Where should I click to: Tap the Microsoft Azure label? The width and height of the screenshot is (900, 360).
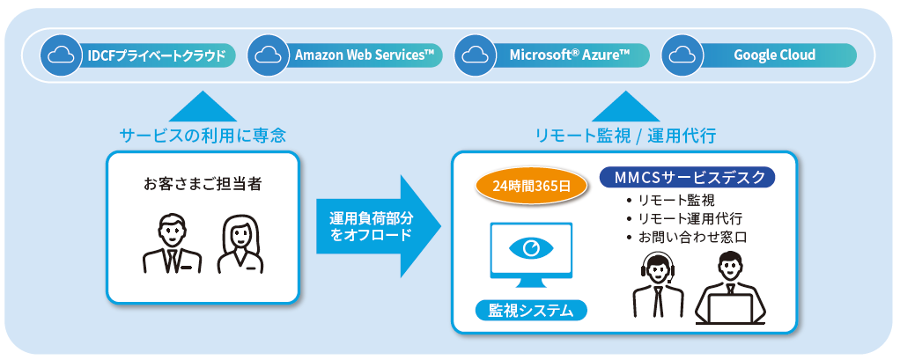(x=570, y=55)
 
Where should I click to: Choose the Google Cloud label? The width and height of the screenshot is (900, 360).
(x=774, y=55)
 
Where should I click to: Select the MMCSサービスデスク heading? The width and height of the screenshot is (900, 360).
(x=687, y=177)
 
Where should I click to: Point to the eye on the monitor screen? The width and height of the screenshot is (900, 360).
(x=530, y=249)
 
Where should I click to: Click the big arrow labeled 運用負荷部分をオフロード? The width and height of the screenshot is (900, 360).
(x=379, y=226)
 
